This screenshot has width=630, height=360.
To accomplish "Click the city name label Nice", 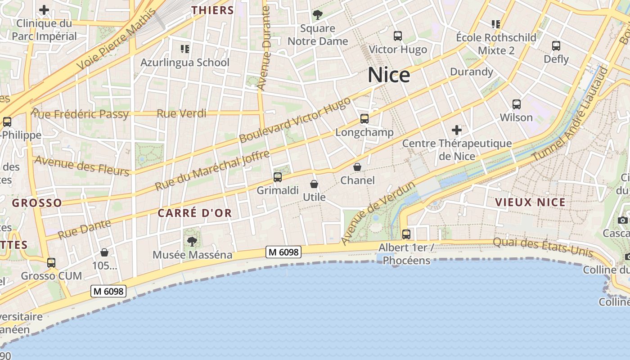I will (x=389, y=75).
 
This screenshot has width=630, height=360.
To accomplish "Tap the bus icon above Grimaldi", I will (x=278, y=177).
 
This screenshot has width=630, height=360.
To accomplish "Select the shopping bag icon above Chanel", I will (x=357, y=167).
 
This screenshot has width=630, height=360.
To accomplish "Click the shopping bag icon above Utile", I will (x=314, y=184).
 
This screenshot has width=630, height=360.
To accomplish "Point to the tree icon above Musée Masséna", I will (x=192, y=242).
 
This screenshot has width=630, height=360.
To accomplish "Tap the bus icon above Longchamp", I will (x=364, y=119).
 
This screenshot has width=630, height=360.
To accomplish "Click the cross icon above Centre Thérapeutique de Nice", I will (x=457, y=130).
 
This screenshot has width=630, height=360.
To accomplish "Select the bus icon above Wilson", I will (x=517, y=104).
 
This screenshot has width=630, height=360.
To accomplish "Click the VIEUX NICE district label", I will (x=530, y=202).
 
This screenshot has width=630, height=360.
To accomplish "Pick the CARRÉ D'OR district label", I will (x=195, y=213).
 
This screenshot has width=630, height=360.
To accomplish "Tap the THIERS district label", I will (x=213, y=10).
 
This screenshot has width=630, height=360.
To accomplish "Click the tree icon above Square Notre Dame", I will (x=318, y=15).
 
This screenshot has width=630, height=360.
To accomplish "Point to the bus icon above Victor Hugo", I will (x=398, y=36).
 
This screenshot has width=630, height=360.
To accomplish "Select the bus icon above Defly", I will (x=556, y=46).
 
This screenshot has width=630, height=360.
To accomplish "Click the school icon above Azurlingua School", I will (x=185, y=49).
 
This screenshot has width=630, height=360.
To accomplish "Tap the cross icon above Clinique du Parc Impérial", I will (x=44, y=10).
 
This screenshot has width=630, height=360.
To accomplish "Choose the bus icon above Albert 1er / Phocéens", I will (x=406, y=234).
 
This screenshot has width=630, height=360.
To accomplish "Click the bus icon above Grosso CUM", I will (x=51, y=262).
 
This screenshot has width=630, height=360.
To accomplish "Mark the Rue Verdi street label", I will (x=181, y=113).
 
